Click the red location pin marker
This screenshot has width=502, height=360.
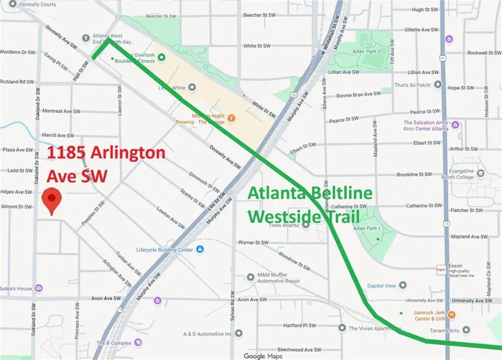[52, 201]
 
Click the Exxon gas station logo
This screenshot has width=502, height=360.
[440, 270]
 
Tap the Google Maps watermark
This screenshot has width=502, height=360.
[263, 356]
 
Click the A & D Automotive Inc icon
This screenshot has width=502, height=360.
[239, 334]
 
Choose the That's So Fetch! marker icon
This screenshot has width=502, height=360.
[438, 85]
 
